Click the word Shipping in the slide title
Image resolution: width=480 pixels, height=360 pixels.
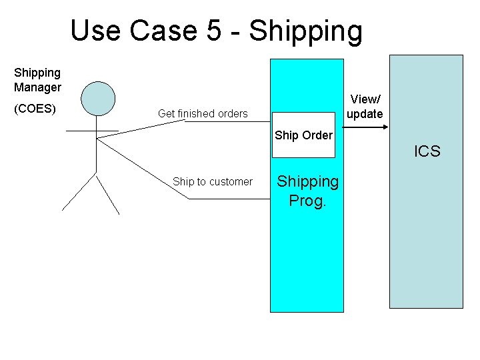point(307,32)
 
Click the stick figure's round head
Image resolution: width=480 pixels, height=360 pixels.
point(98,98)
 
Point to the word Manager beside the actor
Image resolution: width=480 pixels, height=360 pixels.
point(37,87)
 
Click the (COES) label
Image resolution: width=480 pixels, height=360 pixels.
point(35,108)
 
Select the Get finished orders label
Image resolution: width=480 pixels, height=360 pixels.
point(203,114)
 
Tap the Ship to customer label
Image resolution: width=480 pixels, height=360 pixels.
point(213,181)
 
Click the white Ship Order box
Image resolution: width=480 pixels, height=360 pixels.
point(303,141)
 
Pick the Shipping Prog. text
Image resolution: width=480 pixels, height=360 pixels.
point(307,191)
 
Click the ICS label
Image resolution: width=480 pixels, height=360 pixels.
point(427,151)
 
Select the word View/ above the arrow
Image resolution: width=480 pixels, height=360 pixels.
point(365,99)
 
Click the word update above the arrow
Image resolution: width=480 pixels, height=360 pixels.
point(365,114)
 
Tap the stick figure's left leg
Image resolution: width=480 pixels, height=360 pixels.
point(79,193)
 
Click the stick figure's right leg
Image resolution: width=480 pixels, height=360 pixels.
point(109,195)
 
